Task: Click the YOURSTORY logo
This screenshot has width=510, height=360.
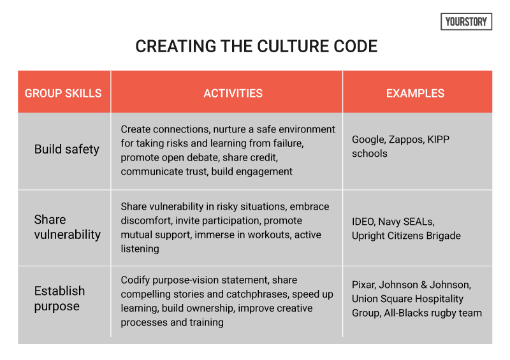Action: [467, 22]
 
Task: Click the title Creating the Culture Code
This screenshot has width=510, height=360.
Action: [256, 47]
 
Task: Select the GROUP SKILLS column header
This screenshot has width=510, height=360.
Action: [63, 93]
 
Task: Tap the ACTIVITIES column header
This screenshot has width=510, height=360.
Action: [233, 93]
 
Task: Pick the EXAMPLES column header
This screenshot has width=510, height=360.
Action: [415, 93]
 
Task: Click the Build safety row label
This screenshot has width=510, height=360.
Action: [67, 149]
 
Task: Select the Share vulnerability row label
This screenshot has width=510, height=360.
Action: [67, 227]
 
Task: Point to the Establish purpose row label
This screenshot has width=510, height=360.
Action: [59, 298]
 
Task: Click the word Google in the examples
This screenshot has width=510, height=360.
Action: [368, 140]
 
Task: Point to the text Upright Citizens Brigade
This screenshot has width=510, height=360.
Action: [406, 236]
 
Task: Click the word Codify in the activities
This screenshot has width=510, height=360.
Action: [136, 280]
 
